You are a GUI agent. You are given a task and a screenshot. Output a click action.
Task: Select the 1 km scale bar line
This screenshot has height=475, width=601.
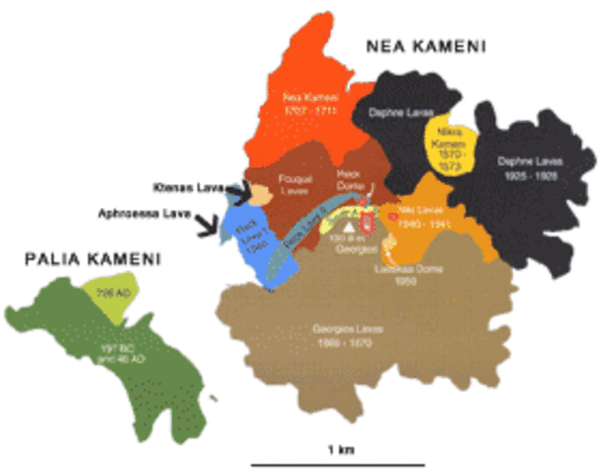[x=338, y=463]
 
